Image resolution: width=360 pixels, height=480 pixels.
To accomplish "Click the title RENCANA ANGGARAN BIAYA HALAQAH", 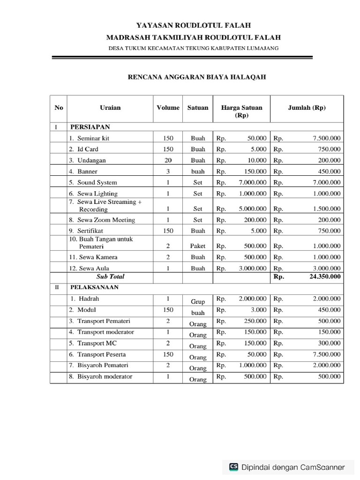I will pos(197,77).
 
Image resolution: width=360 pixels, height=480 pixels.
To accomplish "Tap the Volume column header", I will pos(168,107).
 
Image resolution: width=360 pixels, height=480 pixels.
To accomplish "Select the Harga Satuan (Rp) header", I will pos(241,111).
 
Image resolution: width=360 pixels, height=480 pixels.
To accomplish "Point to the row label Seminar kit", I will pos(93,138).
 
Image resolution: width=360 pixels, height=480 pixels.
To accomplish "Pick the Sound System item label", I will pos(97,182).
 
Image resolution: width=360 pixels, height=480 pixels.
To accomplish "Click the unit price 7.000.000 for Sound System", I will pos(253,182).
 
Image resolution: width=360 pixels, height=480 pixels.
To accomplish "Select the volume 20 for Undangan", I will pos(168,160).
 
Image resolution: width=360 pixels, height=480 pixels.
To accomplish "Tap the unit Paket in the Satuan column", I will pos(198,246).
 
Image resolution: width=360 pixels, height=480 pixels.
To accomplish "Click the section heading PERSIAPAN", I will pos(90,127).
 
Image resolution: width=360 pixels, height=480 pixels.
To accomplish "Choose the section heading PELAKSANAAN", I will pos(94,287).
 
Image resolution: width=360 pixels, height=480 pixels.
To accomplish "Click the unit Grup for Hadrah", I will pos(198,302).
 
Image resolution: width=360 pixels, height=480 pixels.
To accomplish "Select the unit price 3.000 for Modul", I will pos(258,310).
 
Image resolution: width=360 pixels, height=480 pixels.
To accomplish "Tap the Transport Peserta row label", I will pos(101,354).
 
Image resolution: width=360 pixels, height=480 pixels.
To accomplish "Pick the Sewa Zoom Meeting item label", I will pos(106,220).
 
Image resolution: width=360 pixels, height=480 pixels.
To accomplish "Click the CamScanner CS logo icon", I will pos(233,466).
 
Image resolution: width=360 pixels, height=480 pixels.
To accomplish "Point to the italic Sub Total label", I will pos(110,277).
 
